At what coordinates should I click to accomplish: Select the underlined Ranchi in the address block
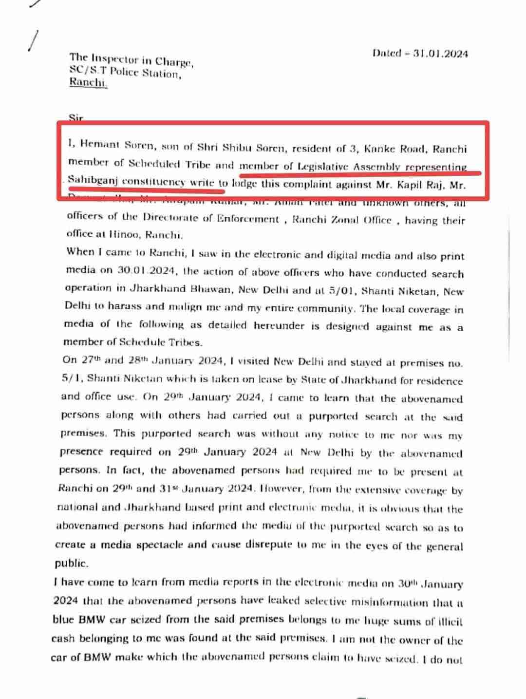click(88, 82)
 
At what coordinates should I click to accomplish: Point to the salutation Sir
click(76, 117)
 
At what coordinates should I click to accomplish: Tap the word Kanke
click(375, 148)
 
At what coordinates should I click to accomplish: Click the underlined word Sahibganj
click(92, 181)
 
